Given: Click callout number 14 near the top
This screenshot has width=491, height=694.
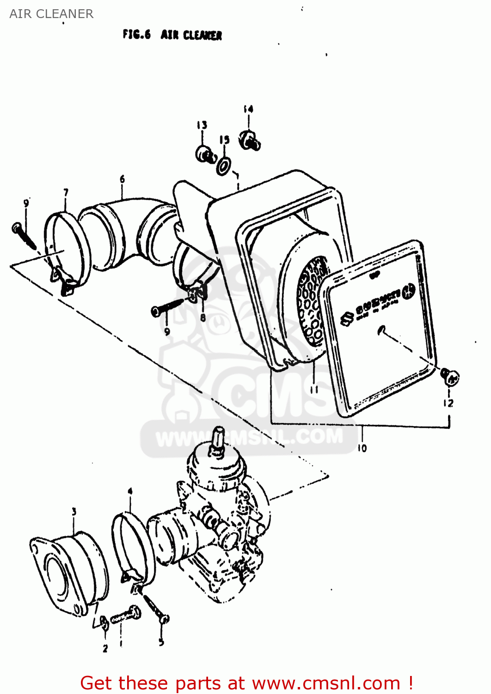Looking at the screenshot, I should [248, 109].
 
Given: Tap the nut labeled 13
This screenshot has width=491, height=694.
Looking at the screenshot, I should [204, 154].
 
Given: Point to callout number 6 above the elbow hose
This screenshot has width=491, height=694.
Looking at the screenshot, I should [122, 179].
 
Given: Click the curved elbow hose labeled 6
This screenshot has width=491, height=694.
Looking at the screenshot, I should [129, 231].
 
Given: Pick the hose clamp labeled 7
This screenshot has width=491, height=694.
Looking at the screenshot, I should [67, 250].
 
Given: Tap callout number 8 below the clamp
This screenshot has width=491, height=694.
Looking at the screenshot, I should [203, 317].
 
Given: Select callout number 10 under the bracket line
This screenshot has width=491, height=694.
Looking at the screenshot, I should [362, 448].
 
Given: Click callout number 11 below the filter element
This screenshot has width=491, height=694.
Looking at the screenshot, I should [314, 389].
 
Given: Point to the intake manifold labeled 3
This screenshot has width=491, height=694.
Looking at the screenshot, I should [69, 574].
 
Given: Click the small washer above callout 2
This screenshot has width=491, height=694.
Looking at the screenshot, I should [105, 623].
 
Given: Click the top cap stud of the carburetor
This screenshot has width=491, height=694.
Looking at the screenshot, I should [217, 437].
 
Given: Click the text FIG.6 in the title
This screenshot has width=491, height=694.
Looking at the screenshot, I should [136, 35].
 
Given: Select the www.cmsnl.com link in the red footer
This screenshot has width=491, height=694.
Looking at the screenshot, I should [326, 683].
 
